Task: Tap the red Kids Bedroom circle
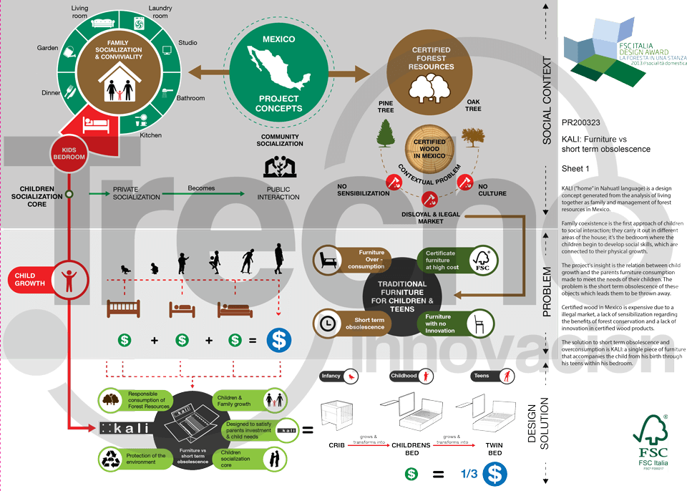point(69,152)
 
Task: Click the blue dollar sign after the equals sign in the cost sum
point(278,341)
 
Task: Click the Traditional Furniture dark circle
point(403,293)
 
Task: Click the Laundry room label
point(160,11)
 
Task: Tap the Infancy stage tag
point(338,376)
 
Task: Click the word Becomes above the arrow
point(201,188)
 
